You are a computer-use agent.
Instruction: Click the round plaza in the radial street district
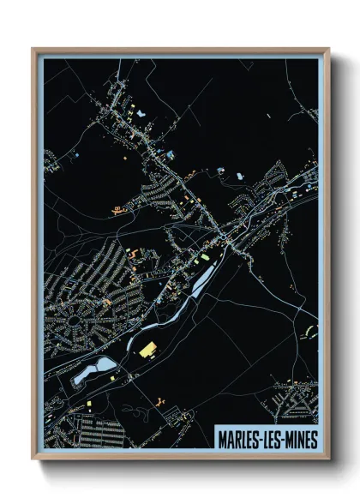point(81,323)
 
